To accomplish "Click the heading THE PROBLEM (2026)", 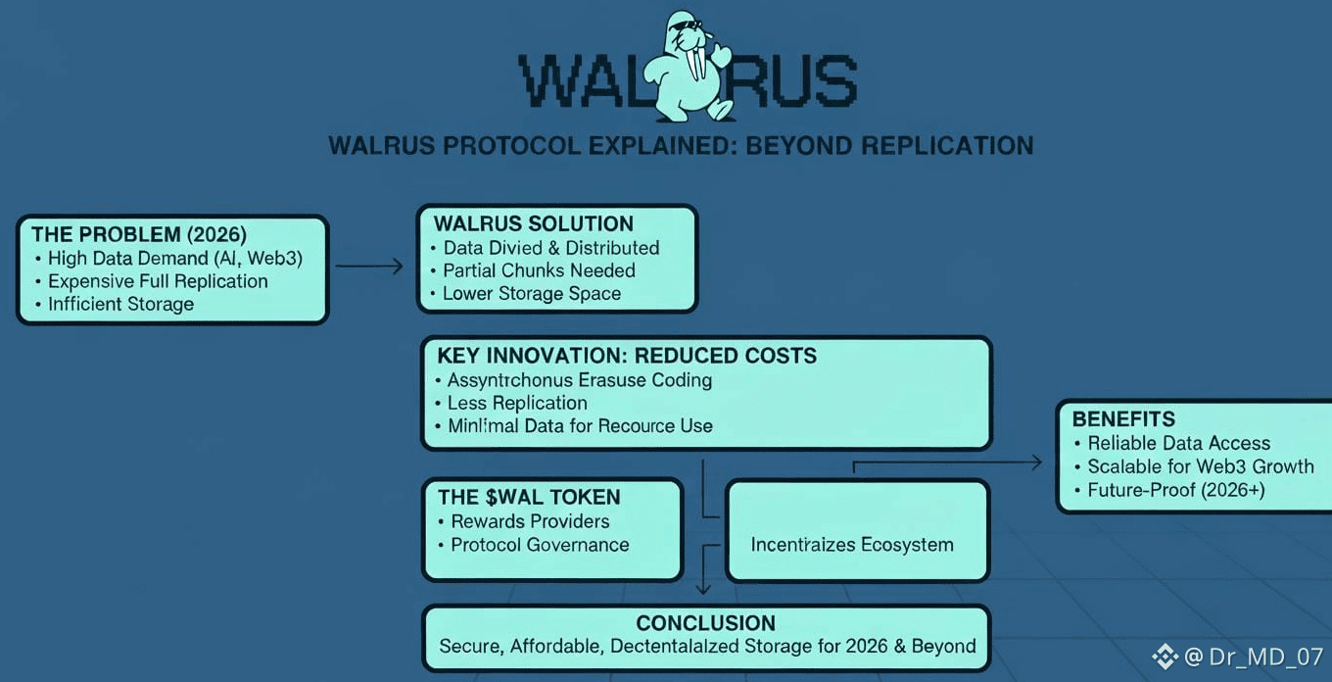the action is point(139,234).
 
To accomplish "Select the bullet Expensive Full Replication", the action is point(158,281).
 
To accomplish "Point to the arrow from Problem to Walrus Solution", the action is point(369,266).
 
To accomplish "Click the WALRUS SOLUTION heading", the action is point(534,223).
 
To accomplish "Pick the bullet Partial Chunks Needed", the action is point(539,270).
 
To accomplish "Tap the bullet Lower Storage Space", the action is point(532,293).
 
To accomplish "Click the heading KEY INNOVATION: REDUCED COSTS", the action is point(627,356).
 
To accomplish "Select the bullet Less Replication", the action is point(517,403).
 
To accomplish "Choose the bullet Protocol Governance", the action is point(540,545).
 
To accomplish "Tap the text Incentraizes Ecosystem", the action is point(852,545).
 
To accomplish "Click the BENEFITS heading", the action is point(1123,419).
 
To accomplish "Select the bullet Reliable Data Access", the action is point(1178,443).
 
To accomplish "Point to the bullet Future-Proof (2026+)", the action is point(1176,490).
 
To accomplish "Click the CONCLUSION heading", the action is point(705,623).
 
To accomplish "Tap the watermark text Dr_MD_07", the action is point(1265,658).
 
